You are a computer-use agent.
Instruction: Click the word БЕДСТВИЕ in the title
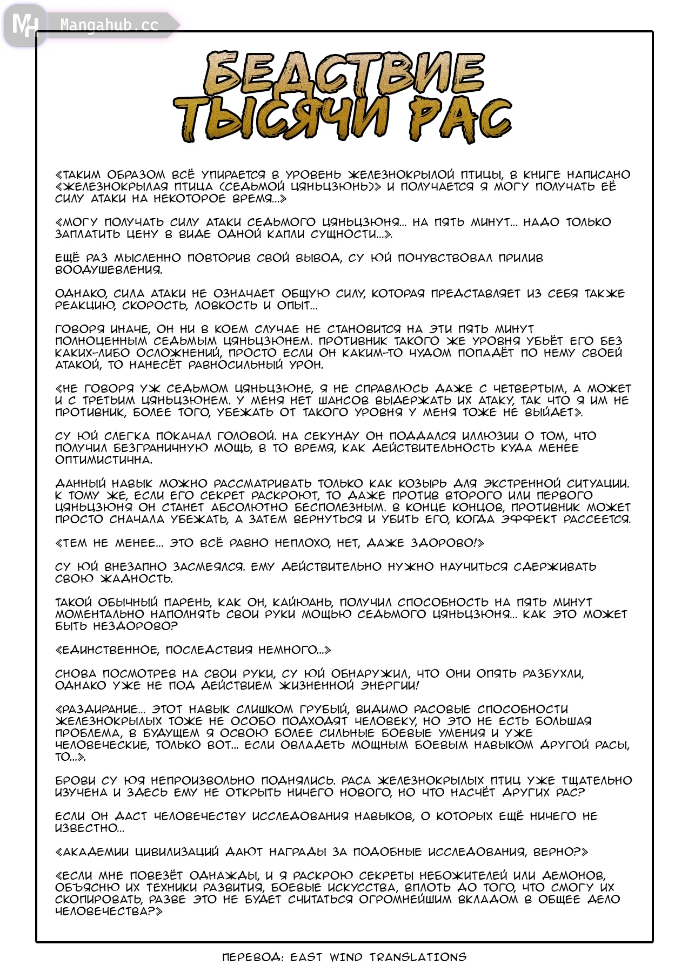point(344,74)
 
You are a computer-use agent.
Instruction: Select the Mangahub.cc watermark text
point(109,25)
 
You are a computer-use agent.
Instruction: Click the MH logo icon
point(24,25)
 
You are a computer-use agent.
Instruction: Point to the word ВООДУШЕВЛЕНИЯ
point(108,270)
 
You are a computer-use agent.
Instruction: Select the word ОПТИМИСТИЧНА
point(103,460)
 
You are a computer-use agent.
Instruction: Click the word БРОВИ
point(75,781)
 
